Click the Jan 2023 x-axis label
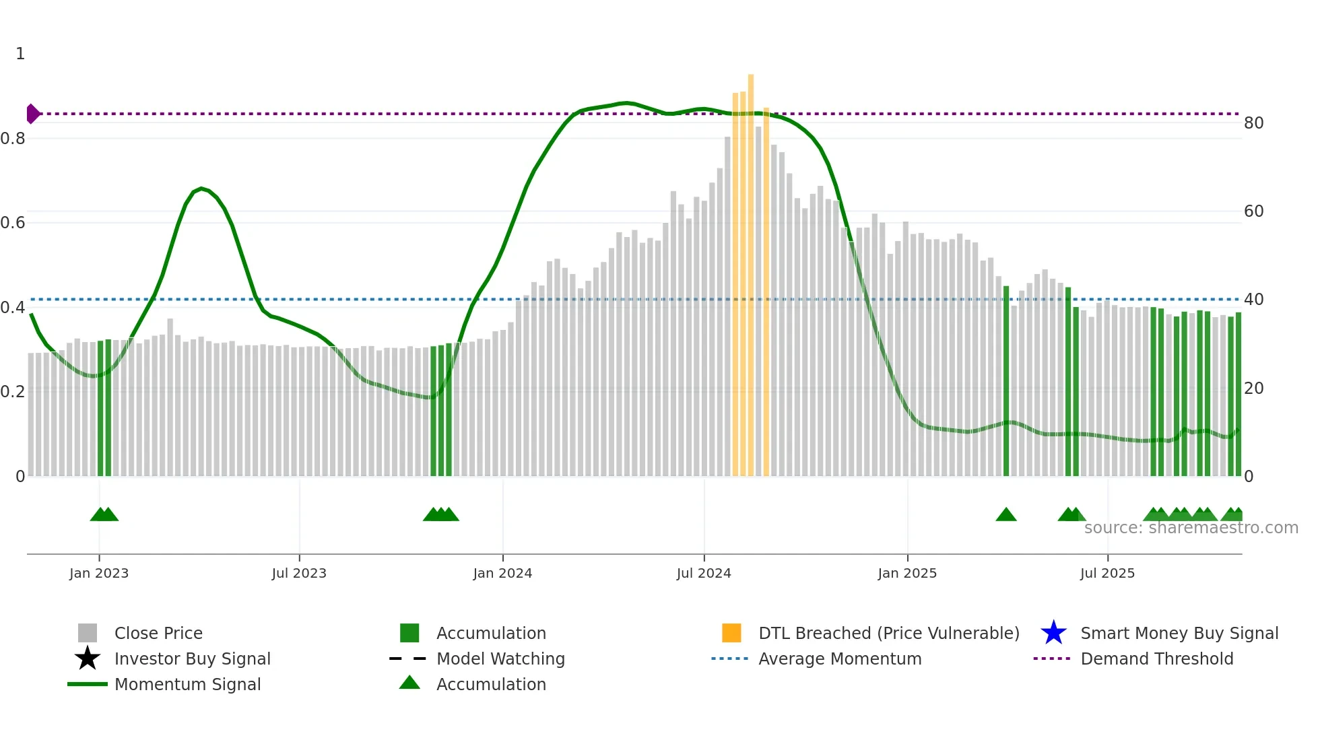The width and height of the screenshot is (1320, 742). pos(99,574)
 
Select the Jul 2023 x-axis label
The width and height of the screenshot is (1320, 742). pos(299,574)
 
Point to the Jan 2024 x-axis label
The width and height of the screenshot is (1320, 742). pos(502,574)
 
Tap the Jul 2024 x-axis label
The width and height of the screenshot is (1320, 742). pos(704,574)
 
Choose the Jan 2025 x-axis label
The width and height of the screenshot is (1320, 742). pos(907,574)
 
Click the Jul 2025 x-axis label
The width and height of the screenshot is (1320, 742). pos(1107,574)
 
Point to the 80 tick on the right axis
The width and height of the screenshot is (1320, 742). pos(1253,123)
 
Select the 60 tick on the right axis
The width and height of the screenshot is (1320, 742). pos(1253,211)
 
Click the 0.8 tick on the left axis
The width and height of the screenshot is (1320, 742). pos(13,139)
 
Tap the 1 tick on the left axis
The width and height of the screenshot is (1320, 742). pos(20,54)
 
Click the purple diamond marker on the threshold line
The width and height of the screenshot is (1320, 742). pos(32,114)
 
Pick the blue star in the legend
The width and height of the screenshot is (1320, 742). pos(1053,633)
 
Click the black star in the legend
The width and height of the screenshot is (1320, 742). pos(88,659)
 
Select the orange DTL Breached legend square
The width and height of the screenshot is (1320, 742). pos(731,633)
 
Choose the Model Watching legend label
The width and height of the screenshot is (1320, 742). pos(500,659)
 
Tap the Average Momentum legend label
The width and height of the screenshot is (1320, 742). pos(840,659)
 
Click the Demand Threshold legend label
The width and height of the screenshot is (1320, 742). pos(1156,659)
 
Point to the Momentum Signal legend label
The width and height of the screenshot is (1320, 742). pos(187,684)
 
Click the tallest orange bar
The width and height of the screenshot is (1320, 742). pos(751,269)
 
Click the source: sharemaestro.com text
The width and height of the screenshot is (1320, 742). pos(1191,528)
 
